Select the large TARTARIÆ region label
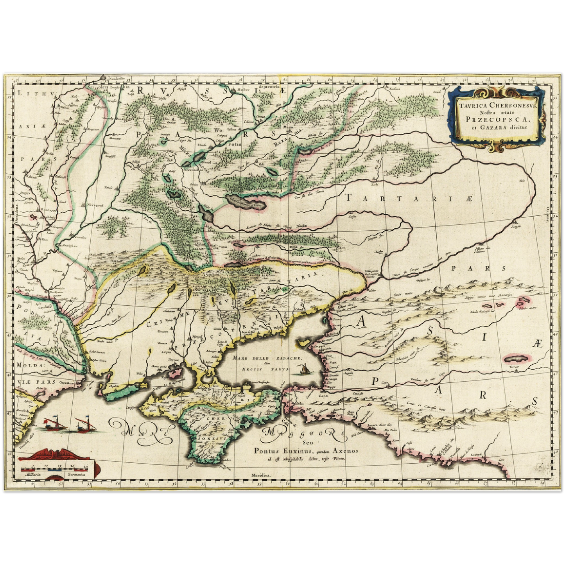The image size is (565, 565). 409,199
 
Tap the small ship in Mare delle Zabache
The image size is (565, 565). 302,369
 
